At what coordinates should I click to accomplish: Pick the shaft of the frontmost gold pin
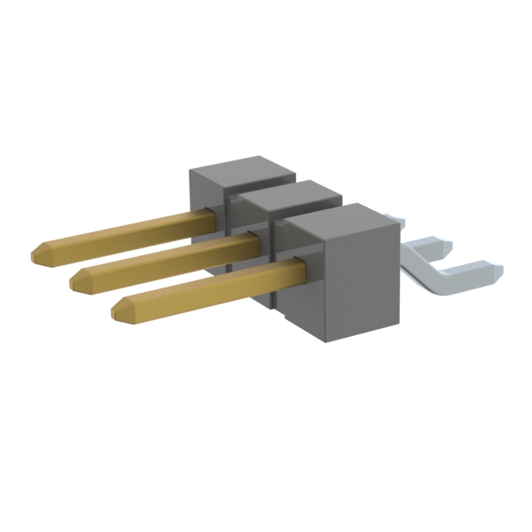[208, 283]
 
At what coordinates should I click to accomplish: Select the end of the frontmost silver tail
[496, 269]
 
